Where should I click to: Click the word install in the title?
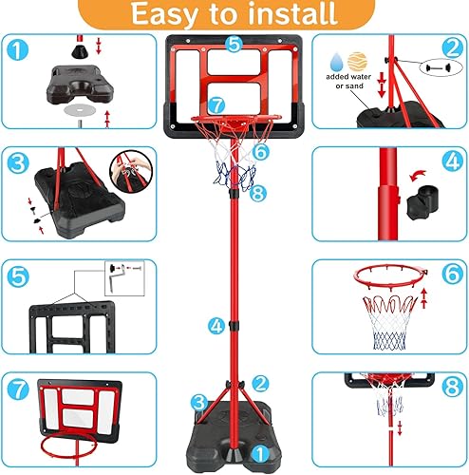point(291,15)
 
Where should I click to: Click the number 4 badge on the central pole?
point(217,326)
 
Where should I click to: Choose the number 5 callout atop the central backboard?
point(234,43)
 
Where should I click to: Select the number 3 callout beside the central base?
point(198,403)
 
